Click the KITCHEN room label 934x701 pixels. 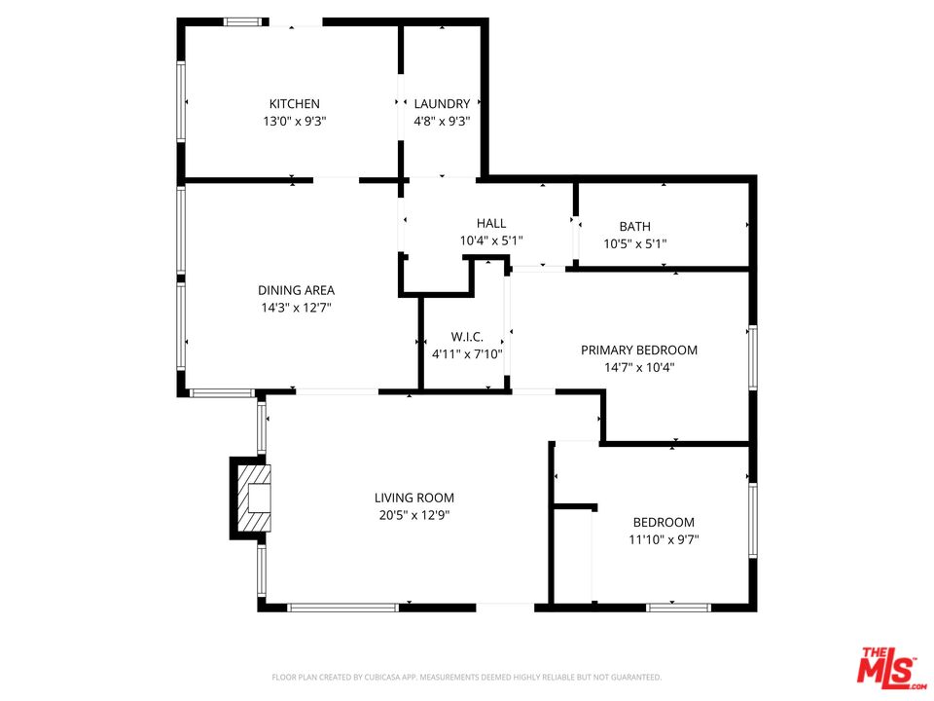coord(294,104)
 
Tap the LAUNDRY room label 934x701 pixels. coord(442,104)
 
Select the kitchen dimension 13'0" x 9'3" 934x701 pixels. coord(294,122)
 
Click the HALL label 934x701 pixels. coord(491,223)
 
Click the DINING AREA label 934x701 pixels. coord(296,290)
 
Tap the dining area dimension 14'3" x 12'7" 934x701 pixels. coord(296,308)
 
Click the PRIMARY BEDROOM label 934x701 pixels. coord(639,350)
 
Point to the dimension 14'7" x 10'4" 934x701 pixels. coord(639,368)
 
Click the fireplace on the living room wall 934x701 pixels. coord(251,498)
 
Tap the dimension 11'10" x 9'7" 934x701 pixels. coord(664,539)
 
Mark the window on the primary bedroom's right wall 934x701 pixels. coord(752,357)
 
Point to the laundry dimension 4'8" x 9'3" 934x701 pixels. coord(442,122)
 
